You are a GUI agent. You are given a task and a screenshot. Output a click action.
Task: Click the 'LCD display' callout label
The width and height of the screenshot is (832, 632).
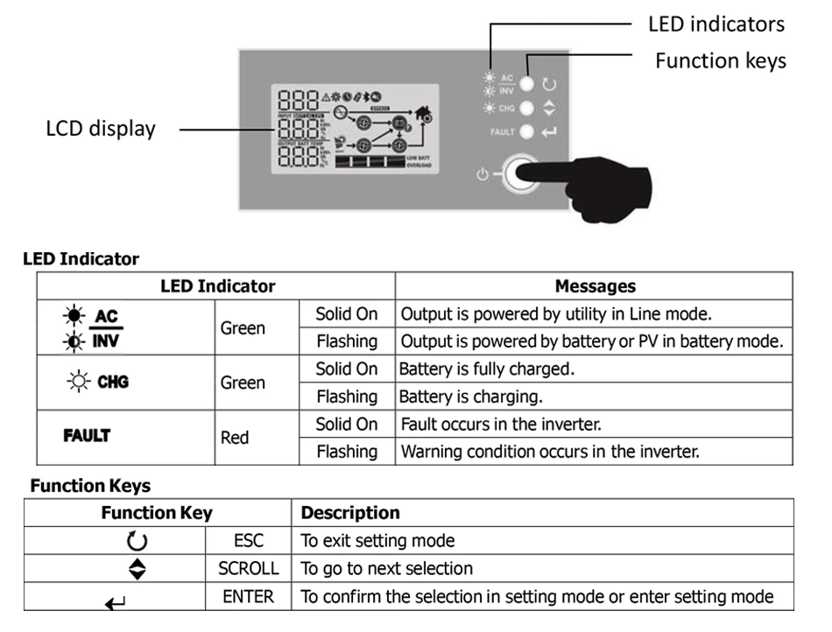tap(101, 129)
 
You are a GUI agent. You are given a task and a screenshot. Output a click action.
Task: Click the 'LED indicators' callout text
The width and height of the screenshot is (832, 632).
tap(716, 24)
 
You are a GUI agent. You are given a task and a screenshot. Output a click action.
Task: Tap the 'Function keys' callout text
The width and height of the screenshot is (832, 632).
tap(720, 60)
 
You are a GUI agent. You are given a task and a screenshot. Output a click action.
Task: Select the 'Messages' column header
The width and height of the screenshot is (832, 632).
tap(595, 286)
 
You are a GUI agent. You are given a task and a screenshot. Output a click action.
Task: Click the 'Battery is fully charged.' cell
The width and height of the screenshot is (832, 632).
tap(487, 369)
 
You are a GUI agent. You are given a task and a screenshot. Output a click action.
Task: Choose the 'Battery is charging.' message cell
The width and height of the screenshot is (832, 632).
tap(470, 397)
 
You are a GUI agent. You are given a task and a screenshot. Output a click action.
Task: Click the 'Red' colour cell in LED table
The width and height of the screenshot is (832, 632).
tap(235, 438)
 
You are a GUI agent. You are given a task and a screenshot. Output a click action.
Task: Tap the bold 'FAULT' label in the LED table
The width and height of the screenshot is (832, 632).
tap(87, 435)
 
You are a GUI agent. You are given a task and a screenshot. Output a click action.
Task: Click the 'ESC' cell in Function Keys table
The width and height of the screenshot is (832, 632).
tap(249, 540)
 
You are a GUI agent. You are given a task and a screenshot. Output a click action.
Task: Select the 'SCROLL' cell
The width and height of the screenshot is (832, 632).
tap(249, 568)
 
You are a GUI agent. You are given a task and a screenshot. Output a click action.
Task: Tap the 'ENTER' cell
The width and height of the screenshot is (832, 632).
tap(249, 597)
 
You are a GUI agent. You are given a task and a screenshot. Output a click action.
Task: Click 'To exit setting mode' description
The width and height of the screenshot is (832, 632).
tap(377, 540)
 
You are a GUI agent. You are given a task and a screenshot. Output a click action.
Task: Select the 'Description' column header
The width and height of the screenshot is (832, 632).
tap(350, 513)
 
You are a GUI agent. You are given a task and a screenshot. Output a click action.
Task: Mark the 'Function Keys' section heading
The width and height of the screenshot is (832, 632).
tap(90, 485)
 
